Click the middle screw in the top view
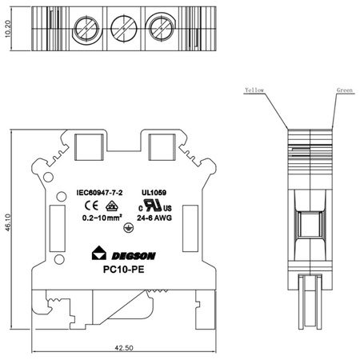point(123,30)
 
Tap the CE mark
point(89,205)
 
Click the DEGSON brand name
point(134,255)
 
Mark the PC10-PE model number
point(124,270)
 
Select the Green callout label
point(344,90)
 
